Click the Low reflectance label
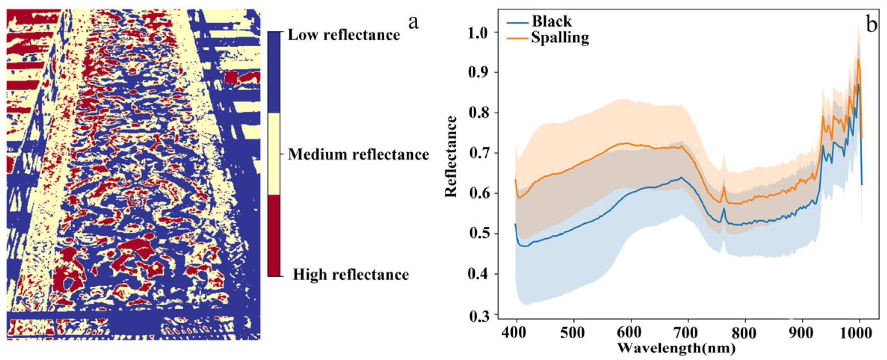344,35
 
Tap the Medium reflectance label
358,154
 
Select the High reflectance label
350,274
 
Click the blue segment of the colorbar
274,72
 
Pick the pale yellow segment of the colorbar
274,153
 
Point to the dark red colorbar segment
274,235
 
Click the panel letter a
413,22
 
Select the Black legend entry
551,21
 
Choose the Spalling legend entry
560,38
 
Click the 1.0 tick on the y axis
478,33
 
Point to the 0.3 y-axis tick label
478,316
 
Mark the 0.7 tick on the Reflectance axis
478,153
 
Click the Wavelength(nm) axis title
676,348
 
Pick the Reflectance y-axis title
451,156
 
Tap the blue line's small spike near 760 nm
724,209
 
